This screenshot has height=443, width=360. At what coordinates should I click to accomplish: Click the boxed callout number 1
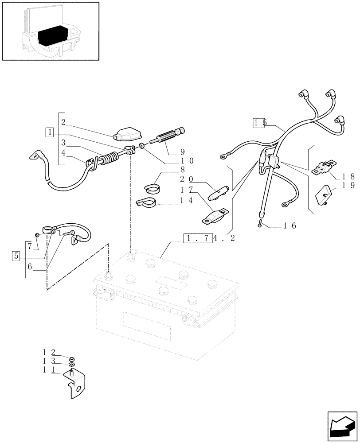click(x=50, y=132)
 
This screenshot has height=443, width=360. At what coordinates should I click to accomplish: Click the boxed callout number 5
click(x=17, y=256)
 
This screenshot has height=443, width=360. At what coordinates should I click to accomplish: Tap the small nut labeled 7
click(x=37, y=234)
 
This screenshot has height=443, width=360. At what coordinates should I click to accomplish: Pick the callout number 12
click(x=49, y=353)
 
